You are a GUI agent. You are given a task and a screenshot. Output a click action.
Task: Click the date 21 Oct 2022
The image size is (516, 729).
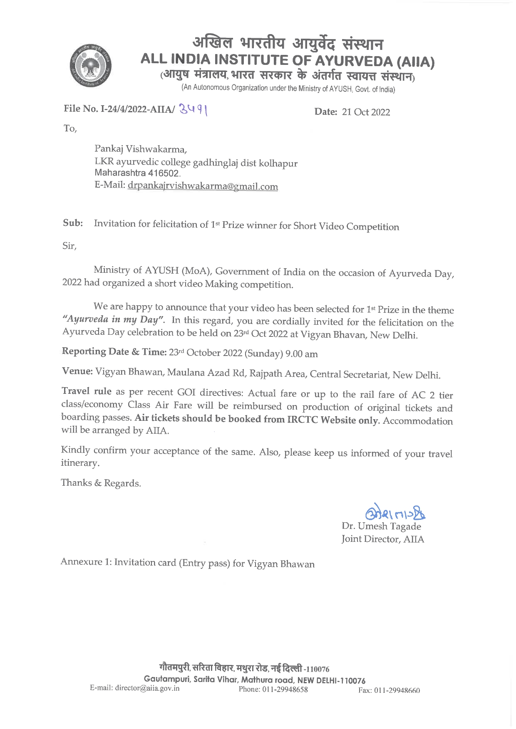click(366, 112)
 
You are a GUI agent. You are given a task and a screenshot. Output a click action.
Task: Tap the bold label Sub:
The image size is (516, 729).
click(73, 223)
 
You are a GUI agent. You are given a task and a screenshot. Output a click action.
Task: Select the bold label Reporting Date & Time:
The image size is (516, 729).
click(114, 352)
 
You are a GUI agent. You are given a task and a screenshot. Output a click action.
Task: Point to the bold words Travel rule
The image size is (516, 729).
click(86, 391)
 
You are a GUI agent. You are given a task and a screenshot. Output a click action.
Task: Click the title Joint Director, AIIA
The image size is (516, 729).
click(382, 539)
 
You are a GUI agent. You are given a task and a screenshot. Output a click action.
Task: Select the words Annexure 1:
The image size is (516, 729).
click(86, 562)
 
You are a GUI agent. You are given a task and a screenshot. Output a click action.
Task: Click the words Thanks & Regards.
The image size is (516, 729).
click(101, 483)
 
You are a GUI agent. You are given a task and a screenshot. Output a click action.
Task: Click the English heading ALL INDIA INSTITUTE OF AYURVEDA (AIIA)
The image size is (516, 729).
click(288, 60)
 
